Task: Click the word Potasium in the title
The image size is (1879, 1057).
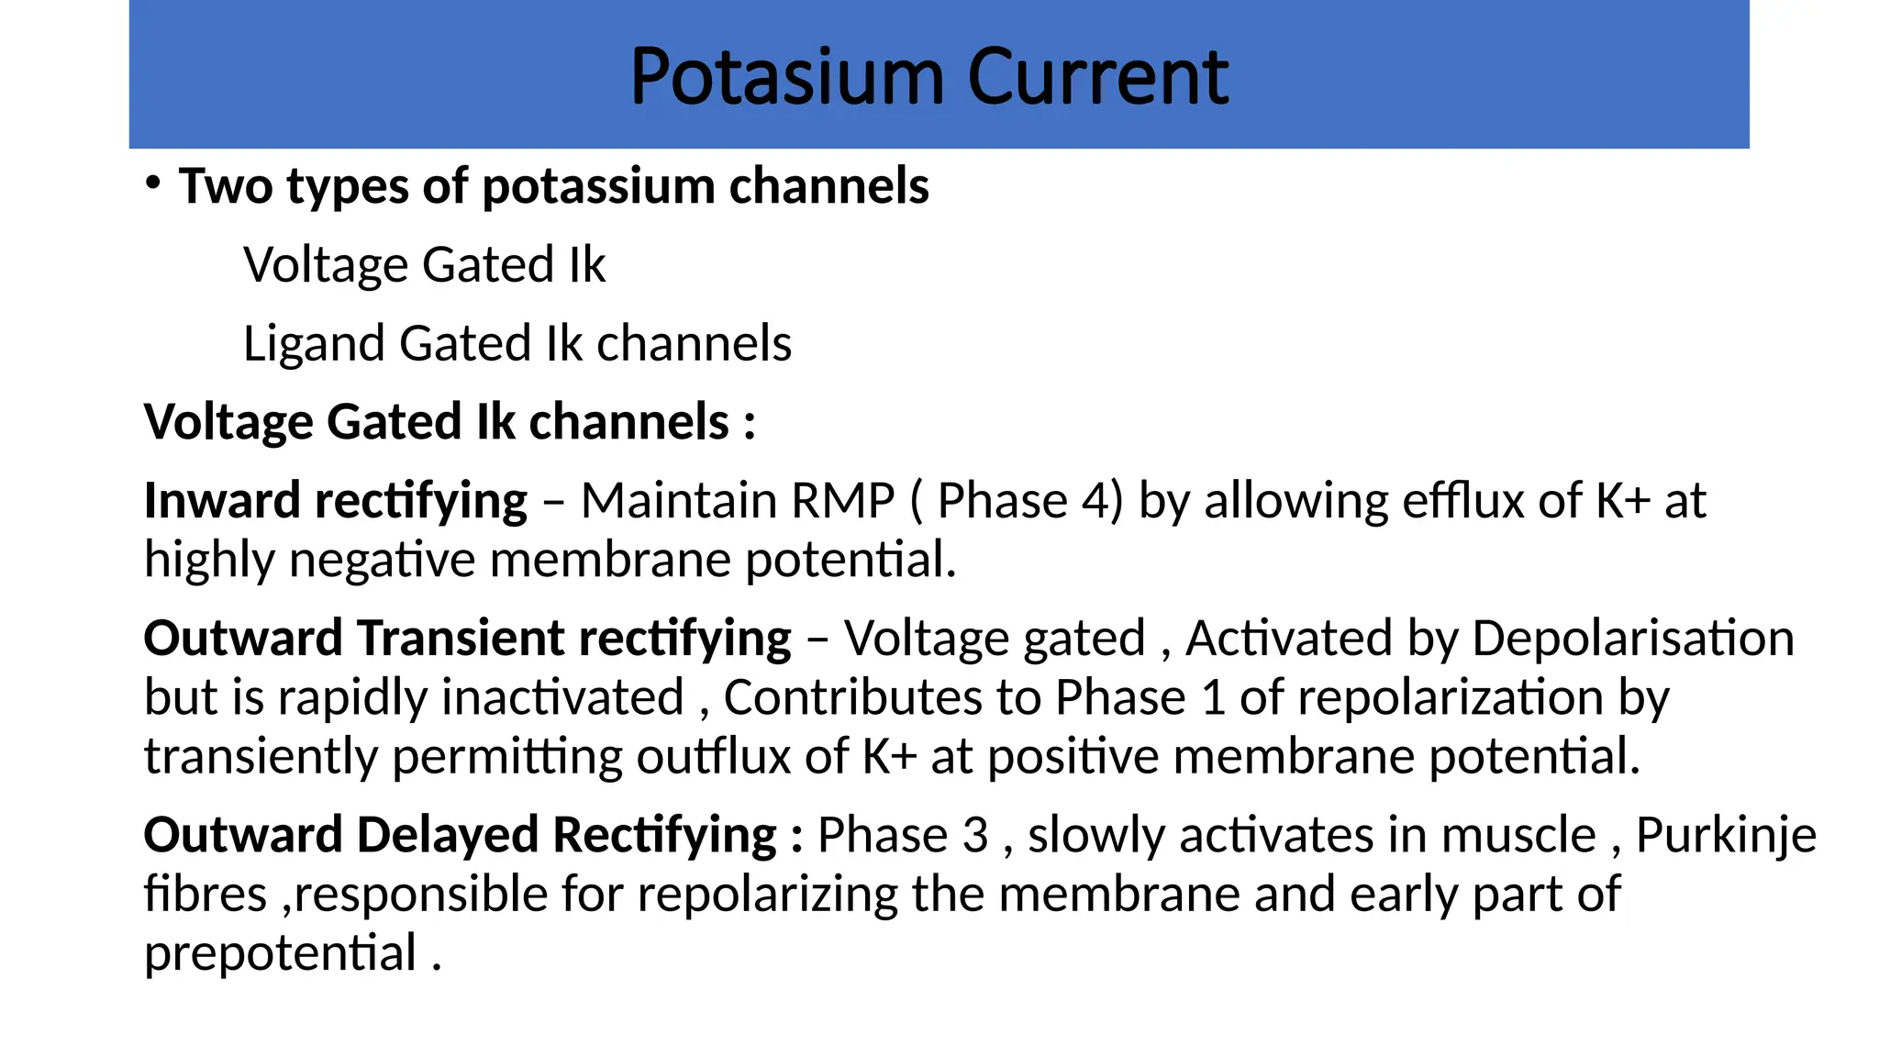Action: pos(786,78)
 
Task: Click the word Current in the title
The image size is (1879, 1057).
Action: pos(1097,78)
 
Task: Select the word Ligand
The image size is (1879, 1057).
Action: pos(313,344)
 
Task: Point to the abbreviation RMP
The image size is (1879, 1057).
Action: pos(842,501)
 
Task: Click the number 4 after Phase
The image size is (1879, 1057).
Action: pos(1095,501)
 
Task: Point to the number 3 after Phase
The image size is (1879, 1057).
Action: pos(975,836)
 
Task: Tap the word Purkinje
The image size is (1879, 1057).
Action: pos(1726,836)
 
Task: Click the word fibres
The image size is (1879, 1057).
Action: pos(206,895)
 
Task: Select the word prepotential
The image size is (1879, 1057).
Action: pos(281,954)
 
